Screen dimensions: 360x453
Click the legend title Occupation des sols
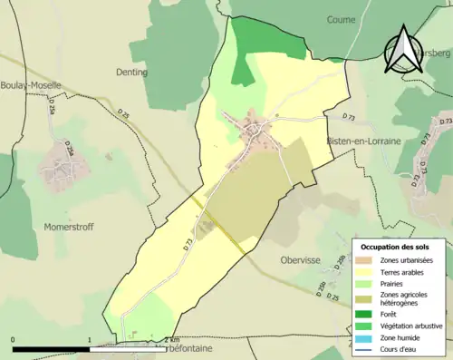(397, 247)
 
